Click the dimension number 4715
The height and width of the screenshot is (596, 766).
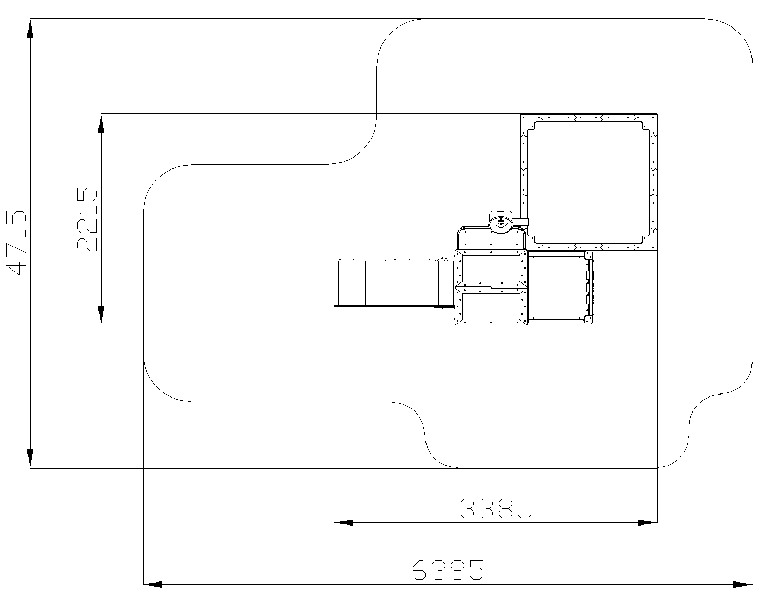pos(16,243)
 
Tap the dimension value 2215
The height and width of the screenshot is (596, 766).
pos(87,219)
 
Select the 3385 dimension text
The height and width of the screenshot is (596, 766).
pos(496,508)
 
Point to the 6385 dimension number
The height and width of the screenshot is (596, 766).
pos(448,570)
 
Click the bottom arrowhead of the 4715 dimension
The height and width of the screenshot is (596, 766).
pos(30,458)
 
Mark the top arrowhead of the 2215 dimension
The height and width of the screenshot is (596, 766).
pos(101,124)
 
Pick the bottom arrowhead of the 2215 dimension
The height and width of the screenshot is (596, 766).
pos(101,315)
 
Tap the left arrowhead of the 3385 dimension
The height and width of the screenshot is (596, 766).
pos(344,523)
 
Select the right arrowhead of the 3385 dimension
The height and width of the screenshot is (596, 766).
pos(647,523)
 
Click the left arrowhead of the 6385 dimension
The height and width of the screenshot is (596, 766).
pos(153,585)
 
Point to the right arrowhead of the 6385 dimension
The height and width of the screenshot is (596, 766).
pos(743,585)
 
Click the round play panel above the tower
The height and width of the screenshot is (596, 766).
pos(501,222)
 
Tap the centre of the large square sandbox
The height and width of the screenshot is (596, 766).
pos(589,182)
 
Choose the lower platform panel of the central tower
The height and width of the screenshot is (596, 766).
pos(491,305)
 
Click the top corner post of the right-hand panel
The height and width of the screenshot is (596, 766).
pos(588,255)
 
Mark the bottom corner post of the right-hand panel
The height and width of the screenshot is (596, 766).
pos(588,320)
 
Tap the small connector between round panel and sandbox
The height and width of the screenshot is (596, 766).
pos(520,222)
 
